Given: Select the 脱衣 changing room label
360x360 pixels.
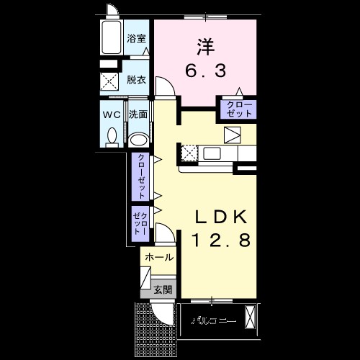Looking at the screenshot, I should (x=136, y=79).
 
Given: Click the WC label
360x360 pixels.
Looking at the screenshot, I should (x=111, y=114).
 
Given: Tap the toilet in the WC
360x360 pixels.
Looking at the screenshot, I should (x=111, y=135).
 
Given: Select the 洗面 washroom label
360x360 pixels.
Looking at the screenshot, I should (x=138, y=114).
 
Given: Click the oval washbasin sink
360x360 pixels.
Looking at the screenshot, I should (x=139, y=139).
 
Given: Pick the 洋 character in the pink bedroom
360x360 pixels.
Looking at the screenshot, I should (x=205, y=44).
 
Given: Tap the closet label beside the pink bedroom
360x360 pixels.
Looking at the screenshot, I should (x=237, y=109).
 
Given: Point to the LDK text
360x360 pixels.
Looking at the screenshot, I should (x=220, y=215).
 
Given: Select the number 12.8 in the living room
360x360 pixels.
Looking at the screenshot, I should (x=220, y=240).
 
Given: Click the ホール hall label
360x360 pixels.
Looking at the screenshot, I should (x=158, y=257).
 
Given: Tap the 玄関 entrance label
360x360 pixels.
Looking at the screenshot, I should (x=162, y=289).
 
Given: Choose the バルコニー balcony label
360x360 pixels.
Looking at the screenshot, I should (x=213, y=320).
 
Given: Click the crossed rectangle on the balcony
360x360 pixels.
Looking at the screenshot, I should (x=250, y=317).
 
